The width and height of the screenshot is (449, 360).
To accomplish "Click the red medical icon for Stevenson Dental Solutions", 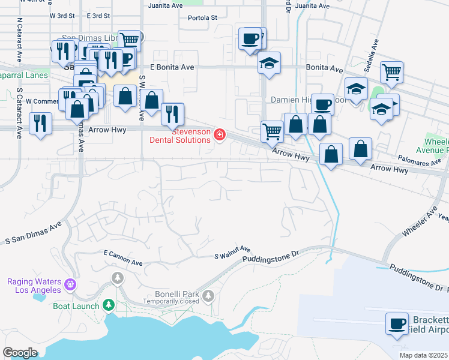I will (220, 134).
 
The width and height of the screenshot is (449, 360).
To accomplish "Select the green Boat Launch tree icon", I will (109, 305).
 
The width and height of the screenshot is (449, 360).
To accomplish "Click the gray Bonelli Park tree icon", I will (208, 295).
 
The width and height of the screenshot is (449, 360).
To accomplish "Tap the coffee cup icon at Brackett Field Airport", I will (397, 325).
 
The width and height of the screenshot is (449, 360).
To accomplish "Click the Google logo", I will (20, 352).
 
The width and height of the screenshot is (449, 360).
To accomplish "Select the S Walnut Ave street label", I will (232, 253).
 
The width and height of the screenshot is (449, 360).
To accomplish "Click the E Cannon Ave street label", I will (123, 258).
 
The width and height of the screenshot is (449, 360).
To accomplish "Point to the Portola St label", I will (202, 17).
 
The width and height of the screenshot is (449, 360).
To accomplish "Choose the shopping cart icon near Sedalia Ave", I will (391, 73).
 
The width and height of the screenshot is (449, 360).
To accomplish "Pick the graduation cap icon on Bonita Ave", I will (270, 63).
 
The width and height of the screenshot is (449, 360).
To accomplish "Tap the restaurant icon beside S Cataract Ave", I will (41, 123).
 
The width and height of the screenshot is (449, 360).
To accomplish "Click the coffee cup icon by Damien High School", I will (322, 104).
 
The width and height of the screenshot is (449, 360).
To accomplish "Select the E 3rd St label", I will (98, 16).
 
